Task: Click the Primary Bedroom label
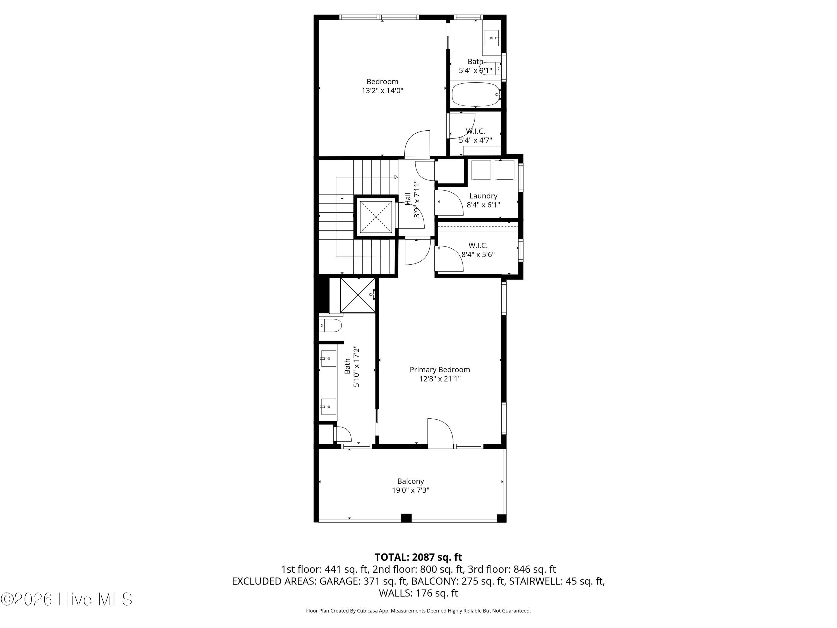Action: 440,370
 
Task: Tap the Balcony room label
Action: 411,481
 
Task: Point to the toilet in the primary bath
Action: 330,325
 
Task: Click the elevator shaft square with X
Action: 376,217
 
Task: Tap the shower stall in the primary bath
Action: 358,295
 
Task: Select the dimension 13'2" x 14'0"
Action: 382,90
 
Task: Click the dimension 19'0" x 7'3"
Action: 411,490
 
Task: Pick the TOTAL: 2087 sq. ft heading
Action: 418,557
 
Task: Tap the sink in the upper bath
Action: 492,38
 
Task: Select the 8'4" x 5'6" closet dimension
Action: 478,254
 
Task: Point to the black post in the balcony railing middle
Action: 406,518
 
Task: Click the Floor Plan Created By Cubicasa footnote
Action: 418,611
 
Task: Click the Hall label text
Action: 408,199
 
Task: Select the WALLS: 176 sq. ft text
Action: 418,593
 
